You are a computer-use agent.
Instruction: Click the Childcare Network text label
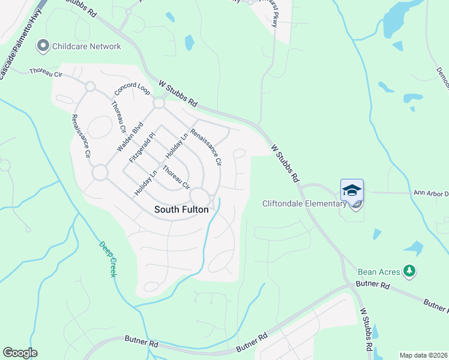86,46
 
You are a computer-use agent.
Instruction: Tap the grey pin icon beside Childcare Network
43,46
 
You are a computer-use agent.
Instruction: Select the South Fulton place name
181,209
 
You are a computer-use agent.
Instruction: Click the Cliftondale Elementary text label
304,203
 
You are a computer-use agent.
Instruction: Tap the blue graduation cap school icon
352,191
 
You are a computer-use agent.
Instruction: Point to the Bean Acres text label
379,272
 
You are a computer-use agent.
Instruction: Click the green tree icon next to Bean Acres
410,271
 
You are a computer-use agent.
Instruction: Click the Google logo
20,353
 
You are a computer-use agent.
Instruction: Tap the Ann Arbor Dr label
431,193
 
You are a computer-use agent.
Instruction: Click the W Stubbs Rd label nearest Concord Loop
178,94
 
